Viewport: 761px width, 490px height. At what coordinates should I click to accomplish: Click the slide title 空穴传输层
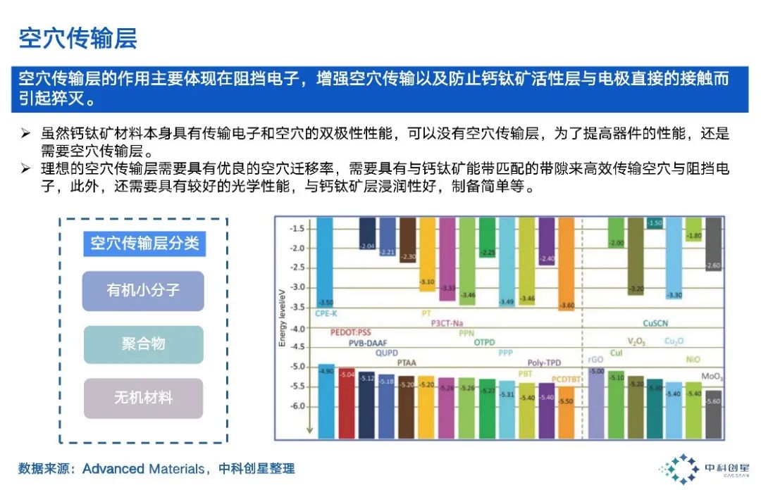(x=78, y=38)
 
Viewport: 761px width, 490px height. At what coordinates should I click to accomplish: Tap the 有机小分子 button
(x=143, y=291)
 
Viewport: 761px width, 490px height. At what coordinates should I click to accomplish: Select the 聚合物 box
(x=143, y=344)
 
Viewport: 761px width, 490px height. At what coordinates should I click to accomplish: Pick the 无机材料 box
(x=143, y=398)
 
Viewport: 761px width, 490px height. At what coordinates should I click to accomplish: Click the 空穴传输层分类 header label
(x=144, y=244)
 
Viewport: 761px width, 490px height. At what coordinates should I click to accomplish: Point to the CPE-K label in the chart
(x=327, y=313)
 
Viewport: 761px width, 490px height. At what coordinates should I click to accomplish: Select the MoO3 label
(x=712, y=377)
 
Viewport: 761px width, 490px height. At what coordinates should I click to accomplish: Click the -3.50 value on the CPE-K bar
(x=326, y=303)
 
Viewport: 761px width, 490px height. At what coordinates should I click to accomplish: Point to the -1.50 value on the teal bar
(x=655, y=223)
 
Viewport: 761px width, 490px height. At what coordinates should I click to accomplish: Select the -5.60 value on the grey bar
(x=712, y=401)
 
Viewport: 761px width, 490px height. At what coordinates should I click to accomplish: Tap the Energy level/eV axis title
(x=283, y=317)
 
